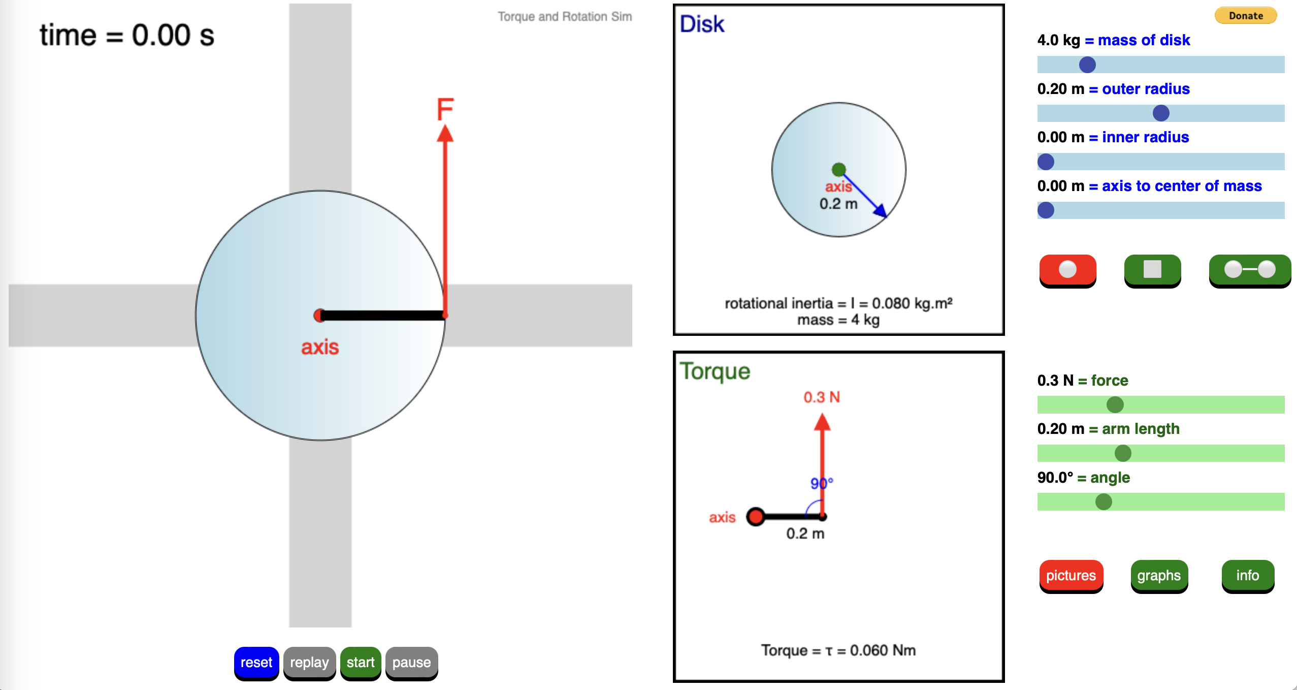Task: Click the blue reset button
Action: [x=256, y=663]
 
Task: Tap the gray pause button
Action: [x=411, y=663]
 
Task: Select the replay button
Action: [x=309, y=663]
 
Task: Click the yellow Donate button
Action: [x=1245, y=16]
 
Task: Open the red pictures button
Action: [x=1071, y=576]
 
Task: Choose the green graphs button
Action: [x=1159, y=576]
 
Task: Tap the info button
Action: [x=1247, y=576]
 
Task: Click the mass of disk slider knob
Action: [x=1087, y=65]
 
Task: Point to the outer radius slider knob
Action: [x=1161, y=113]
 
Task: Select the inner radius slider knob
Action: [x=1046, y=162]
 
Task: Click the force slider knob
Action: [x=1115, y=405]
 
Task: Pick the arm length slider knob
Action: [x=1123, y=453]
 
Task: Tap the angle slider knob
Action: [x=1104, y=501]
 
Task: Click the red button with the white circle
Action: [x=1067, y=269]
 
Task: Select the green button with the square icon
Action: [x=1152, y=269]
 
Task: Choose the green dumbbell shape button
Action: [x=1249, y=269]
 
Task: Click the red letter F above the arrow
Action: [x=445, y=109]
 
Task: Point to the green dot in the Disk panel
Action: [x=838, y=169]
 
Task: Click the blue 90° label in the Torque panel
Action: [x=821, y=483]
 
